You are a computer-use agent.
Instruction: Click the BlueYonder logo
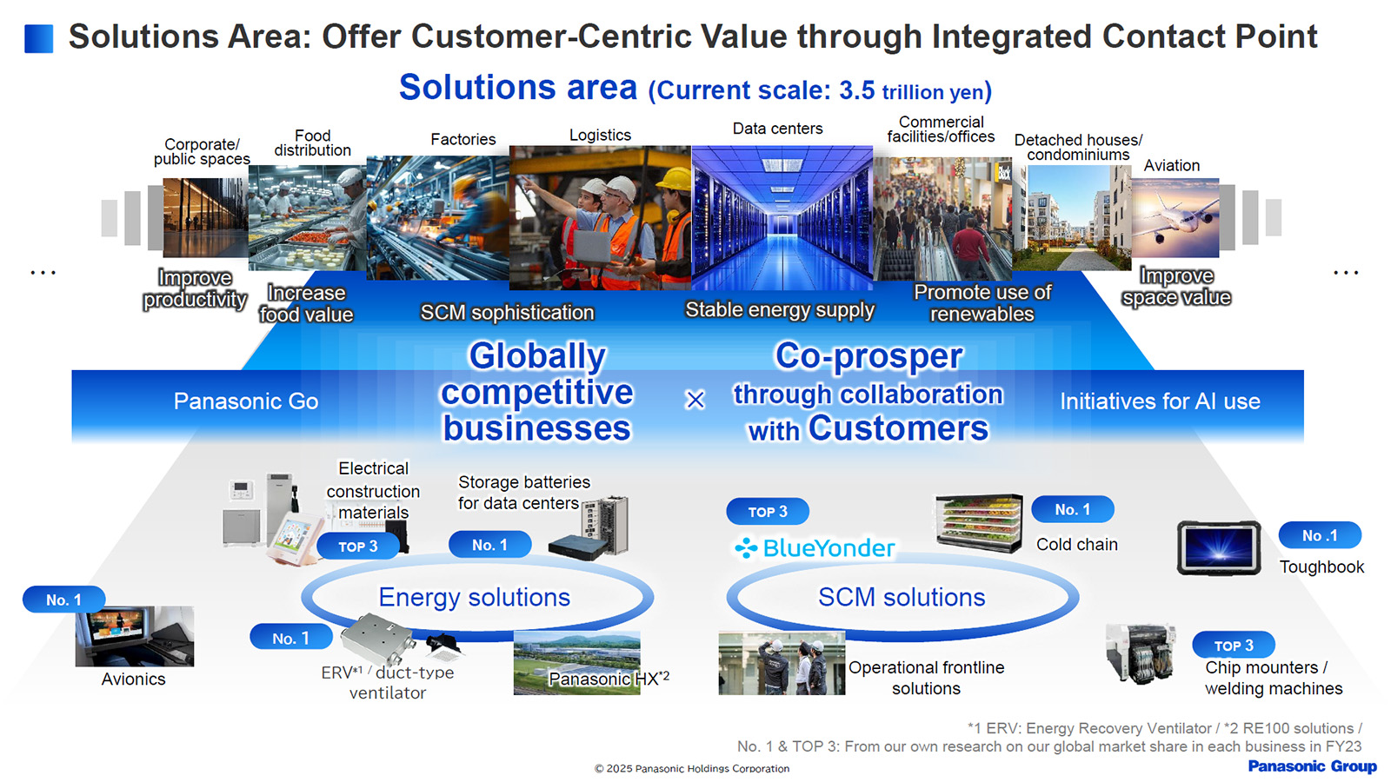(814, 548)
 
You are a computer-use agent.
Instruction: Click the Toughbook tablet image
(1219, 548)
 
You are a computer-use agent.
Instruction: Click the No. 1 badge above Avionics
(64, 600)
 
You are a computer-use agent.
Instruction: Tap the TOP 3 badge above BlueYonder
(768, 512)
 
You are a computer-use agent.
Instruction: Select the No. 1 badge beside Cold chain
(1073, 509)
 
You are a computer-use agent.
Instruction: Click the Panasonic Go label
(246, 401)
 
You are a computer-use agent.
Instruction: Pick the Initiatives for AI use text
(1160, 401)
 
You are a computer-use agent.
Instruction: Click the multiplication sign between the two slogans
(695, 400)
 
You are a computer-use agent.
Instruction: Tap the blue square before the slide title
(38, 38)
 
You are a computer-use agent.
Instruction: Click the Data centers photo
(782, 218)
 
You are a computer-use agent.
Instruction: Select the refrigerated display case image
(979, 522)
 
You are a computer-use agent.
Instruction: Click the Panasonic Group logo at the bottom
(1312, 766)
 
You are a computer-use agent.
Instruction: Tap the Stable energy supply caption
(780, 309)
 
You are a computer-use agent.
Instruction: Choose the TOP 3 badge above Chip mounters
(1234, 645)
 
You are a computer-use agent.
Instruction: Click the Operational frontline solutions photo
(782, 663)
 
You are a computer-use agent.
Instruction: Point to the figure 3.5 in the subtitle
(857, 90)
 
